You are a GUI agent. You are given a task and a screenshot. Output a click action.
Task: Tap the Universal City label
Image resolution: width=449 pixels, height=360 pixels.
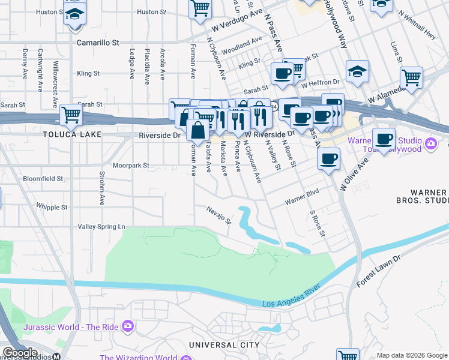(x=223, y=345)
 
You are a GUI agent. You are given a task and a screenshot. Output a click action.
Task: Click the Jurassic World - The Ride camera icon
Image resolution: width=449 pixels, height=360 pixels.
(x=127, y=326)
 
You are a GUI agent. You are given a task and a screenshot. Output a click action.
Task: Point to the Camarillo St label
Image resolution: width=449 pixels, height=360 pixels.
(x=98, y=43)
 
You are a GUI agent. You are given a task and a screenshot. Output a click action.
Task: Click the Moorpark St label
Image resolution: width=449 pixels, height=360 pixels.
(x=131, y=165)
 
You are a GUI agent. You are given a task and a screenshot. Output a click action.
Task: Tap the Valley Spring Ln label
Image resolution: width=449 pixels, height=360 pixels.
(x=101, y=227)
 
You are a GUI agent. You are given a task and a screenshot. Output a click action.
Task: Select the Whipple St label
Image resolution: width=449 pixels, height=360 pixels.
(x=52, y=207)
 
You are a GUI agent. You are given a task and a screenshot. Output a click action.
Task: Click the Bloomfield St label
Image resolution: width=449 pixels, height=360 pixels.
(x=43, y=179)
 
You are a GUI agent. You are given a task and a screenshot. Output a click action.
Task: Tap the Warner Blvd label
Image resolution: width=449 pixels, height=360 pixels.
(x=301, y=197)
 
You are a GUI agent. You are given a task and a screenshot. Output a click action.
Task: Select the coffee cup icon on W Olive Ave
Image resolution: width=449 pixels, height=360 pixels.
(x=328, y=159)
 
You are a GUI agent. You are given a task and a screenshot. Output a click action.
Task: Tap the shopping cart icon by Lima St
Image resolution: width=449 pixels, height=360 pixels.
(x=411, y=77)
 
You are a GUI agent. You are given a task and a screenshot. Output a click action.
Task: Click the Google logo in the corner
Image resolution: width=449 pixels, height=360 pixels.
(x=20, y=353)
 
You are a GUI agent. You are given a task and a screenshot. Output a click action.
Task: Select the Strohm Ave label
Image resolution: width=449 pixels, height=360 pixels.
(x=102, y=190)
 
